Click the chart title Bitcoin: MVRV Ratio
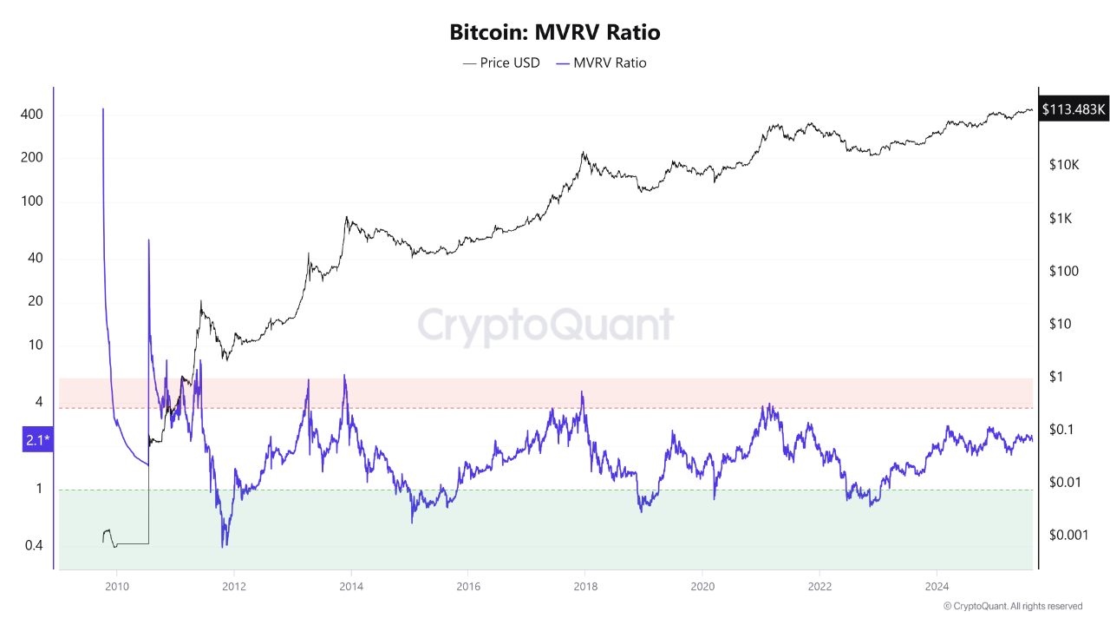coord(555,33)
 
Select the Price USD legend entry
coord(501,62)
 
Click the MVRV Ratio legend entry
coord(601,62)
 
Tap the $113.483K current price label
coord(1074,109)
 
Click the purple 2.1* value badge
coord(37,441)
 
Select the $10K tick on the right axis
coord(1063,165)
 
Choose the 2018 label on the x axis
coord(584,586)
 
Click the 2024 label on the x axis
coord(936,586)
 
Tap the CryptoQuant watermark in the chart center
coord(545,326)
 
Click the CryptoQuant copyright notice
coord(1012,606)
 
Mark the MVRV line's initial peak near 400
coord(103,109)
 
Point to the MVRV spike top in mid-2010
coord(149,240)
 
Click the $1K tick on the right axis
coord(1060,219)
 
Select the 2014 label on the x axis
coord(350,586)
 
